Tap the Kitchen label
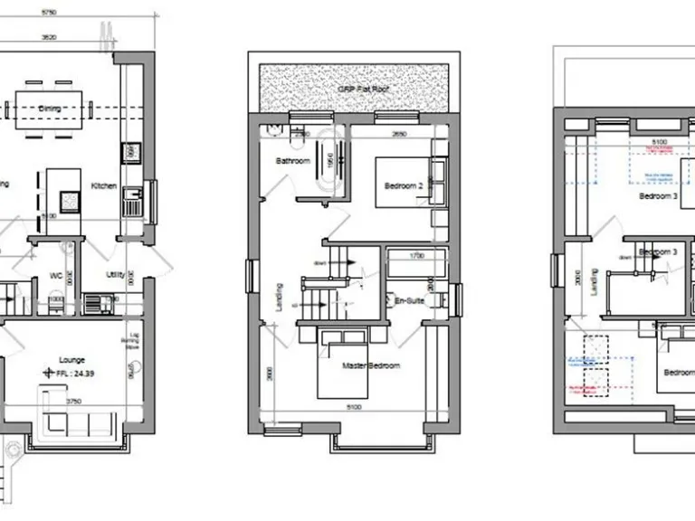point(103,186)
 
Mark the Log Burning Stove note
point(133,340)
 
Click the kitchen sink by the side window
point(132,200)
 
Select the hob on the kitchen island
point(70,199)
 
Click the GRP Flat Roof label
point(355,90)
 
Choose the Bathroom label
point(293,161)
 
